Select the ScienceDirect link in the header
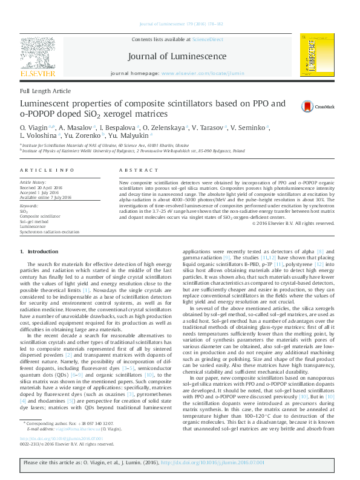(208, 39)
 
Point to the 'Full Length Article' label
(45, 91)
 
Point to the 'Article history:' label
(33, 181)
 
